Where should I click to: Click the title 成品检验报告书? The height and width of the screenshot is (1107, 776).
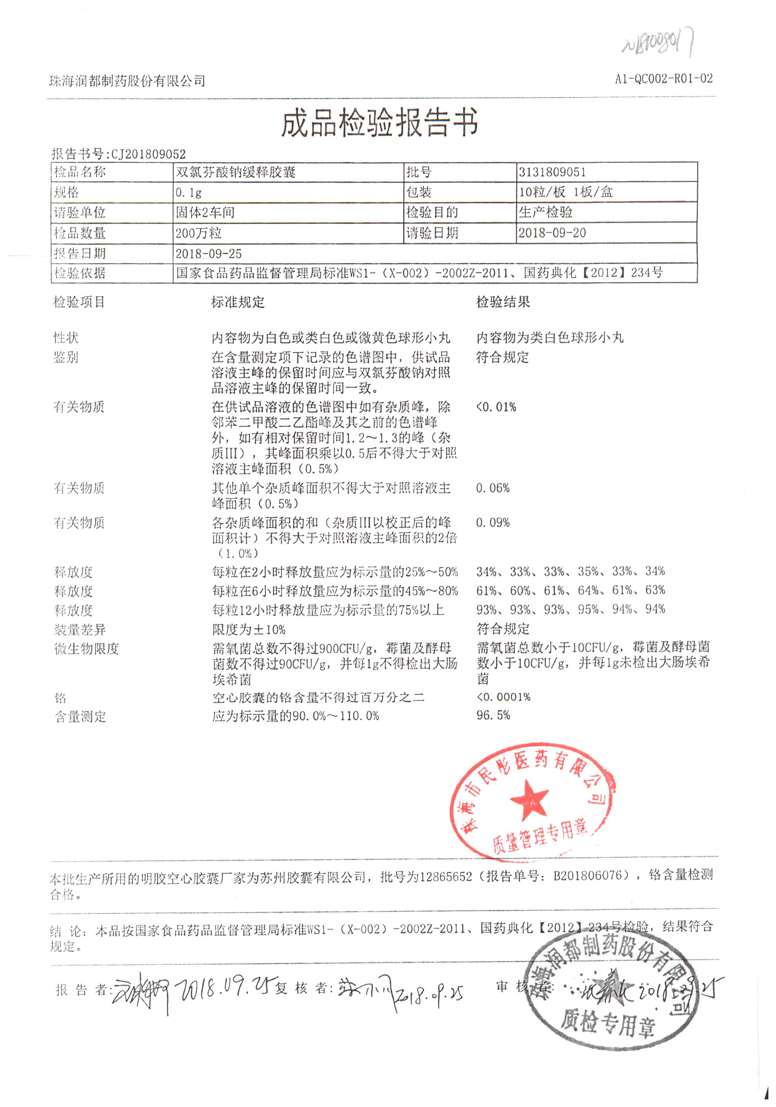coord(379,123)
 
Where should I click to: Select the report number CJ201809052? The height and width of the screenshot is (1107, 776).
coord(148,154)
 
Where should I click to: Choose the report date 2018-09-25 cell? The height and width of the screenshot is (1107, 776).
coord(208,254)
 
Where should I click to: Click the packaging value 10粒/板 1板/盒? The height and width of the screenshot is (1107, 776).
coord(565,192)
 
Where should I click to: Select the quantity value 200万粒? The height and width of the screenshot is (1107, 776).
coord(198,233)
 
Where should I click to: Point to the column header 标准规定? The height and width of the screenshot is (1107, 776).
coord(238,302)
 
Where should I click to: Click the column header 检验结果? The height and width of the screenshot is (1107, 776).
coord(503,302)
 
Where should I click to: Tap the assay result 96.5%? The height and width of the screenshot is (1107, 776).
coord(493,716)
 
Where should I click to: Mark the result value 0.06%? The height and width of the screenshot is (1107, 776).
coord(492,488)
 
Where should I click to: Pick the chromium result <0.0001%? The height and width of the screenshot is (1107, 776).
coord(503,697)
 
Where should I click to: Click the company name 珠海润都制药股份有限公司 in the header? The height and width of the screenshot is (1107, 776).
coord(127,81)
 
